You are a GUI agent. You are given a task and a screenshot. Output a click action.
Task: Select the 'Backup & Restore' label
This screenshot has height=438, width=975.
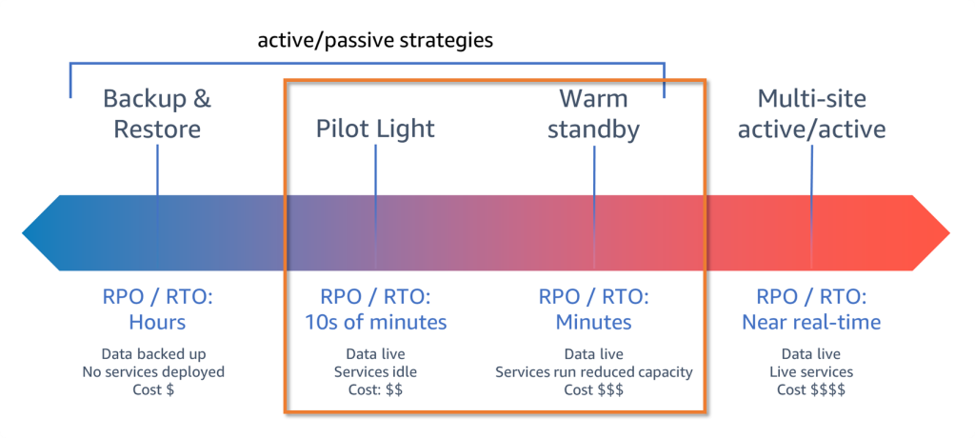click(x=157, y=113)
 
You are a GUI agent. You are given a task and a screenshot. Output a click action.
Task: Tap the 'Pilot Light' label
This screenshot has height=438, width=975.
click(x=375, y=128)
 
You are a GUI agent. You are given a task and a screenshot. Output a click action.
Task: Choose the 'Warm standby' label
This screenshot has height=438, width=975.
click(x=593, y=113)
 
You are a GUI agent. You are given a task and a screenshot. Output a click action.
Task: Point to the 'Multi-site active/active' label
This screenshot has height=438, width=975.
click(x=811, y=113)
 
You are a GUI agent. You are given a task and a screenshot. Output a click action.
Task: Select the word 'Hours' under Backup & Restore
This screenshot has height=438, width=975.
click(x=157, y=322)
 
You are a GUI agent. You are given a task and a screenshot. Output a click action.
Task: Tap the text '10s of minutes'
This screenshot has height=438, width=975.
click(x=375, y=322)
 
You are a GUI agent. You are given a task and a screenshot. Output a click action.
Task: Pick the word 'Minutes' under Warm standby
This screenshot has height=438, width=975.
click(x=593, y=322)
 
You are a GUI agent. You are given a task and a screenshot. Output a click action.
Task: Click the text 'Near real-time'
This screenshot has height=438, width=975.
click(x=811, y=322)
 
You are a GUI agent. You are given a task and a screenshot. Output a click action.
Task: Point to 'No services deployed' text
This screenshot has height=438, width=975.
click(x=157, y=371)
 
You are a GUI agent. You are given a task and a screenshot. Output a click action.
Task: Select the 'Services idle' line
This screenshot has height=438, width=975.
click(x=375, y=371)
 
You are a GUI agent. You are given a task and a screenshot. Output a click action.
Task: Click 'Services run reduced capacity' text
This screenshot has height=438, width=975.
click(x=593, y=371)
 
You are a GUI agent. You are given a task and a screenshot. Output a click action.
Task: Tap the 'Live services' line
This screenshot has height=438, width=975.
click(x=811, y=371)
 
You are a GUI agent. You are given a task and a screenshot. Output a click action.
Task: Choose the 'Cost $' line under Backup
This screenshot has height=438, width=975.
click(x=157, y=389)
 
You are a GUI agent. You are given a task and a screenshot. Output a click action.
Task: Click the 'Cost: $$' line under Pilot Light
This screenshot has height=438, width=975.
click(x=375, y=389)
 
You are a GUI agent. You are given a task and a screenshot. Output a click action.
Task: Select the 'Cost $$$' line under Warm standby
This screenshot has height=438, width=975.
click(x=593, y=389)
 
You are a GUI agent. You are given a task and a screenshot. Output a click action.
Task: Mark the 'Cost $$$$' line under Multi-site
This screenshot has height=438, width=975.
click(x=811, y=389)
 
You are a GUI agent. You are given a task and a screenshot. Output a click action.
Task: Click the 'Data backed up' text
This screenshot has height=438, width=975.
click(x=157, y=353)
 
